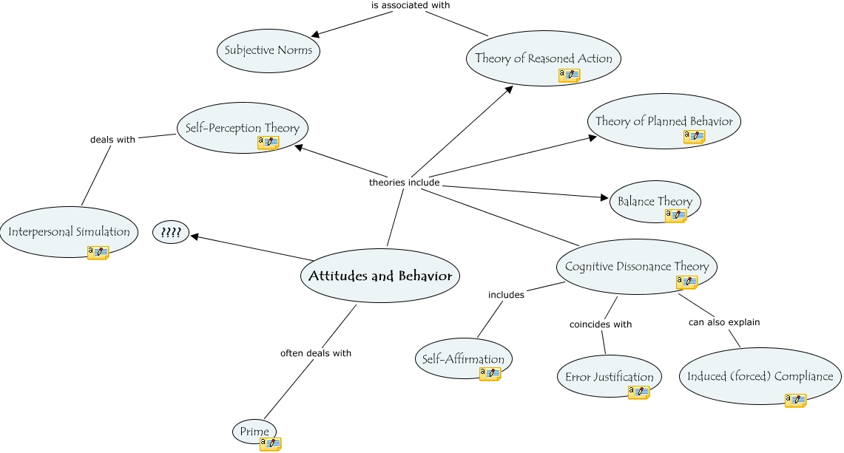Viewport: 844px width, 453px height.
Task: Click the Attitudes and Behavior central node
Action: (x=380, y=276)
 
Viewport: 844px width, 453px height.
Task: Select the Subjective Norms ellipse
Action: (x=269, y=50)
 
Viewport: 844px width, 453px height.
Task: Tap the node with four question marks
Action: (x=171, y=233)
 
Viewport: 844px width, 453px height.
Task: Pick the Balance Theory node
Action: (x=655, y=201)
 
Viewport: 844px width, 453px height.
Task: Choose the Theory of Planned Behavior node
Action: (x=664, y=121)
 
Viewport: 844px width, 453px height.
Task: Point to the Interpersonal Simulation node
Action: (x=69, y=232)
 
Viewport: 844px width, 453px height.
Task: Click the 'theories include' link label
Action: (x=404, y=182)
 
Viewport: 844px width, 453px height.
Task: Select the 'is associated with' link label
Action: (x=411, y=5)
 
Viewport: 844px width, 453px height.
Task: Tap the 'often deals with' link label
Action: (x=315, y=353)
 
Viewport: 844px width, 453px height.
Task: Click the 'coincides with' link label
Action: (x=601, y=324)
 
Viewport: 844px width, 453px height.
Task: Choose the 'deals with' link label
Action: (x=112, y=139)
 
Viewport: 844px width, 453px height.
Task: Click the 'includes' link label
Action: (x=506, y=295)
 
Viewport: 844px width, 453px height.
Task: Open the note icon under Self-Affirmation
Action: (x=490, y=374)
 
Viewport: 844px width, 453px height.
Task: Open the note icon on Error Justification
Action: (x=638, y=392)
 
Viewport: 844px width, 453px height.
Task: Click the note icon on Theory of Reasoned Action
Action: (x=569, y=75)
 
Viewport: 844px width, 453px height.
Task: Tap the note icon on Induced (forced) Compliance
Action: (x=795, y=400)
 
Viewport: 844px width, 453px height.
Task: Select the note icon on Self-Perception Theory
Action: (x=268, y=143)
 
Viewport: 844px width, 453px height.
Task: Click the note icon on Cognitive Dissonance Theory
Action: (x=686, y=282)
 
